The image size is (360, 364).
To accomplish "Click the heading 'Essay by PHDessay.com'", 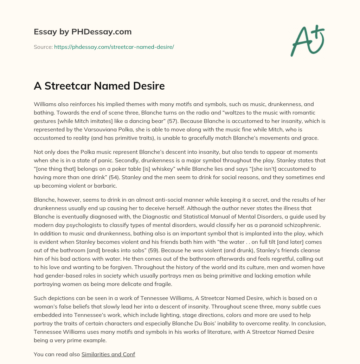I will (x=83, y=32).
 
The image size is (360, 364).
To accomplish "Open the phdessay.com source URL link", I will (x=114, y=47).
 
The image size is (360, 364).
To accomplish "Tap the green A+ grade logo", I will (x=307, y=40).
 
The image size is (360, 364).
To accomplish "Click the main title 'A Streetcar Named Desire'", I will (x=99, y=86).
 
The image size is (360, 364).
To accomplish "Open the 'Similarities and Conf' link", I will (x=108, y=354).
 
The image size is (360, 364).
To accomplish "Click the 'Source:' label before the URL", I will (x=43, y=47).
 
